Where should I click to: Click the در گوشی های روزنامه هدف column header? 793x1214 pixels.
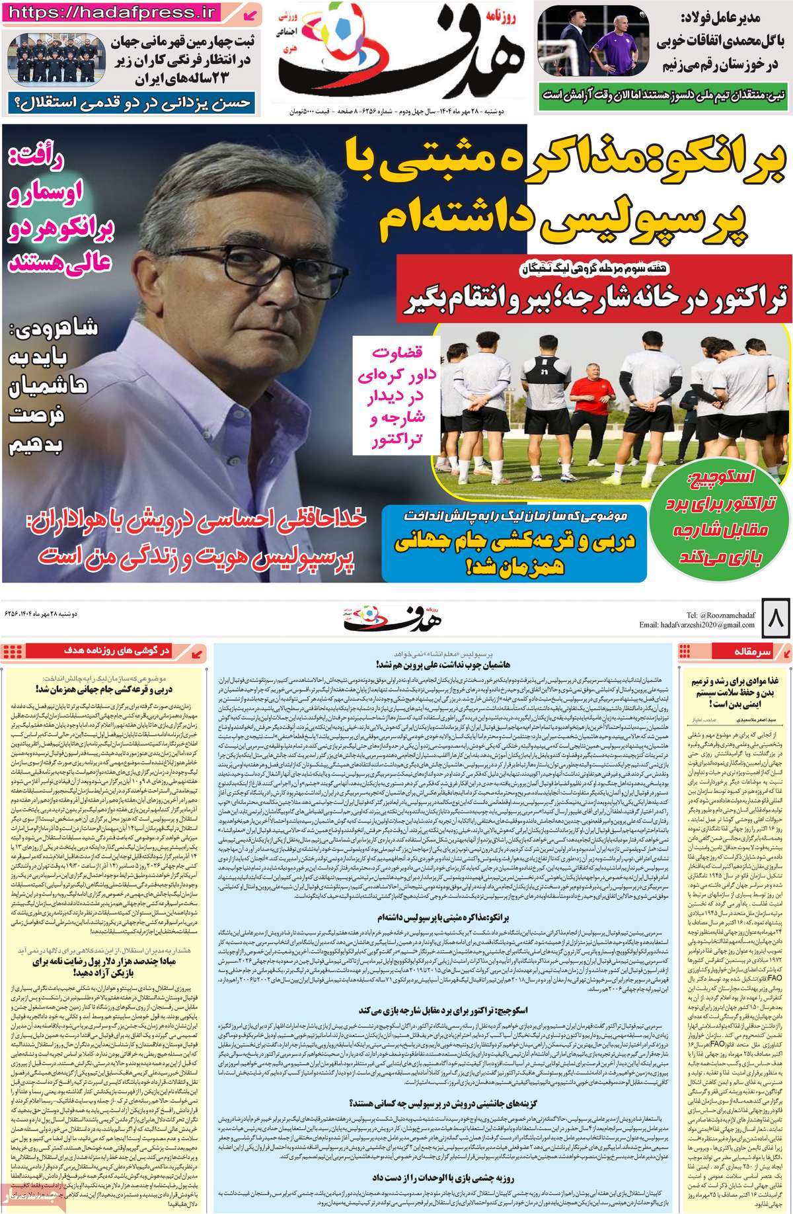tap(126, 651)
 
